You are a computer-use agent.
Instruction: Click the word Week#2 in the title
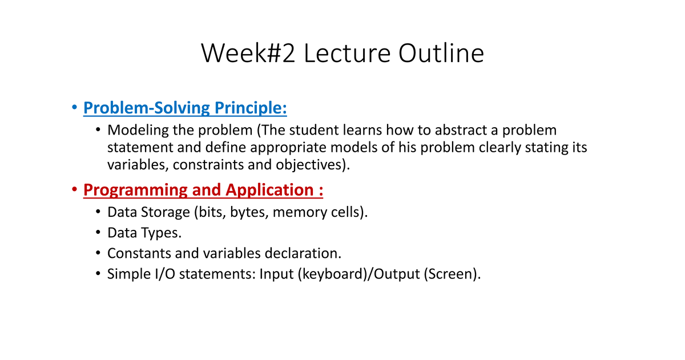tap(248, 53)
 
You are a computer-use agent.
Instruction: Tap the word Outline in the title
tap(441, 52)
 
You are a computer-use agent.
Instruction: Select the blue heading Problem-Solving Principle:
tap(185, 108)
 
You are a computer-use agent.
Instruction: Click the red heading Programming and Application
tap(203, 190)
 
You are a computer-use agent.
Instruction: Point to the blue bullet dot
tap(74, 107)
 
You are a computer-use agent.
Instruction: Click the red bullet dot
tap(74, 189)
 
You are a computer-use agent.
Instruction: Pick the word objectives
tap(309, 165)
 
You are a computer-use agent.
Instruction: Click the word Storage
tap(165, 212)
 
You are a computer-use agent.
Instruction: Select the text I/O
tap(165, 274)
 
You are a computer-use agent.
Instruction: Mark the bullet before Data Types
tap(98, 233)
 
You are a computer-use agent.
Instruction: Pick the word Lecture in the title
tap(347, 53)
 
